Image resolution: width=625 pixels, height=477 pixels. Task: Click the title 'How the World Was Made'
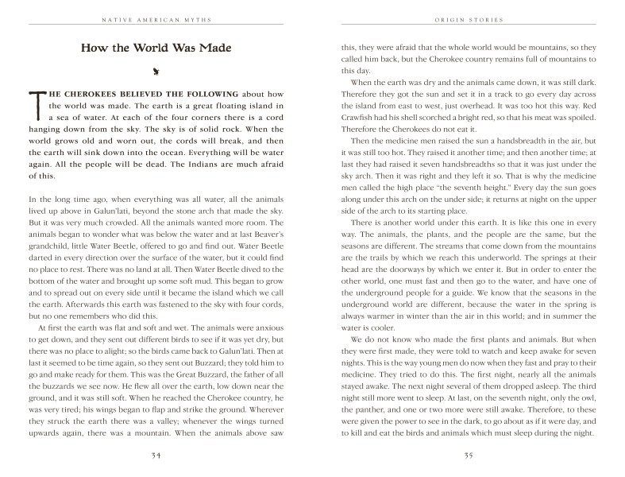point(156,48)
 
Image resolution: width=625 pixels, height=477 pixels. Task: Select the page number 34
point(156,456)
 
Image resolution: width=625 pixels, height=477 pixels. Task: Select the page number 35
point(469,456)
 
